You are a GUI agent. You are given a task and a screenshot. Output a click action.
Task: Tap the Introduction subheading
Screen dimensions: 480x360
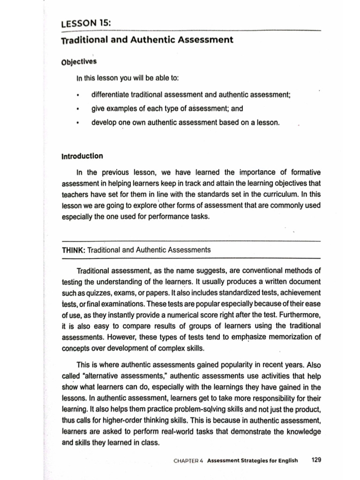click(82, 156)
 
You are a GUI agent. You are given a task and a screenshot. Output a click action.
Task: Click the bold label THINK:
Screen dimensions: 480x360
click(73, 250)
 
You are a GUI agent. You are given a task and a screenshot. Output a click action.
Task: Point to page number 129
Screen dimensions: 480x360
click(316, 460)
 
